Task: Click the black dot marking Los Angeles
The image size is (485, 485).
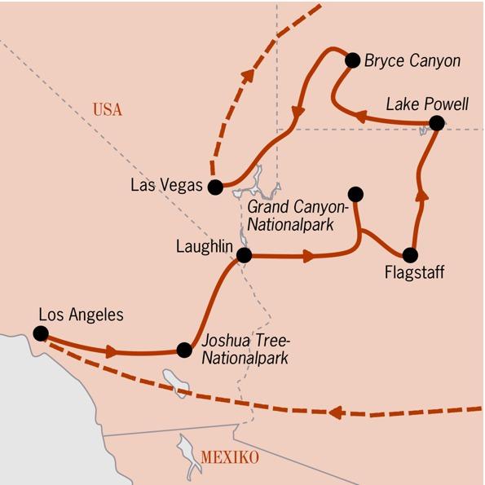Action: [40, 333]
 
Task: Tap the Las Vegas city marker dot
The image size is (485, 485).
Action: [215, 187]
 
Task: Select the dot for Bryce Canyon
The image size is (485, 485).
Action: [353, 60]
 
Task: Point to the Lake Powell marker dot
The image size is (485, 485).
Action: [436, 124]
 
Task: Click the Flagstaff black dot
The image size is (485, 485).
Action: [410, 254]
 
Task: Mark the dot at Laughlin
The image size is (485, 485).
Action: [243, 256]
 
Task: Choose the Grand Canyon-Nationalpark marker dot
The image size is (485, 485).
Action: [355, 194]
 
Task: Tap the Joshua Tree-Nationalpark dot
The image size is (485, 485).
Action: [185, 351]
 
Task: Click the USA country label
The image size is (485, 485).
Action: [107, 110]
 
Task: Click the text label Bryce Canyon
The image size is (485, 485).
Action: [412, 61]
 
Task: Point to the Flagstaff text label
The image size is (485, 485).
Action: [414, 273]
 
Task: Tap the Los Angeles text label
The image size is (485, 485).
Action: [81, 313]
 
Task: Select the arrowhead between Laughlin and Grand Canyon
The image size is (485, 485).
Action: [308, 256]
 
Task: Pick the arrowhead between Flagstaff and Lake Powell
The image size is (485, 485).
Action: [421, 194]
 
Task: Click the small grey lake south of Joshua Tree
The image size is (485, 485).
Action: [174, 380]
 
